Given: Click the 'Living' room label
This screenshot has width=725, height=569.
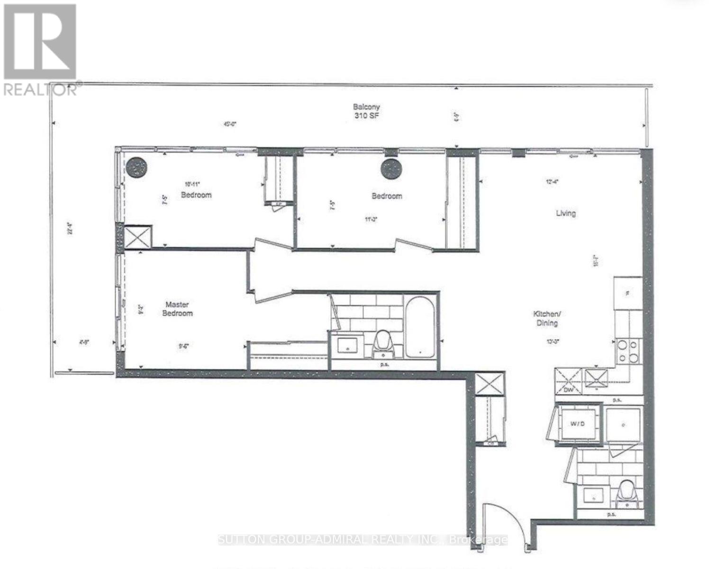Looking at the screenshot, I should [566, 213].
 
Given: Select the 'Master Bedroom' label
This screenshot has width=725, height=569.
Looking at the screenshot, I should [177, 309].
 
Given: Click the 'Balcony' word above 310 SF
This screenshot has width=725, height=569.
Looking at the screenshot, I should [366, 107].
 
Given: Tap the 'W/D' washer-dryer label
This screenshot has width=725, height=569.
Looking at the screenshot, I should [580, 422].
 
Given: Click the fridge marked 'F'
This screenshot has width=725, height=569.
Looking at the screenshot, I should [628, 294].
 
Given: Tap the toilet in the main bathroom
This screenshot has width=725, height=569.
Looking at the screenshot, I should [383, 342].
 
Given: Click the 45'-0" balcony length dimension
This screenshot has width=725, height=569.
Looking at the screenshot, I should [230, 124].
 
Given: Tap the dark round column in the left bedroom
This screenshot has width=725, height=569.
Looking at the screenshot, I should [137, 167].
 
